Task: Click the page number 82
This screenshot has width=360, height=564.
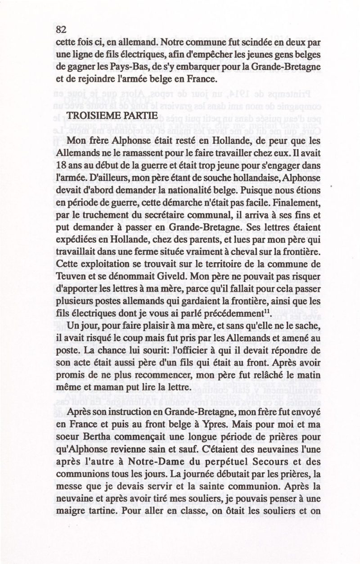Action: (x=61, y=30)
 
